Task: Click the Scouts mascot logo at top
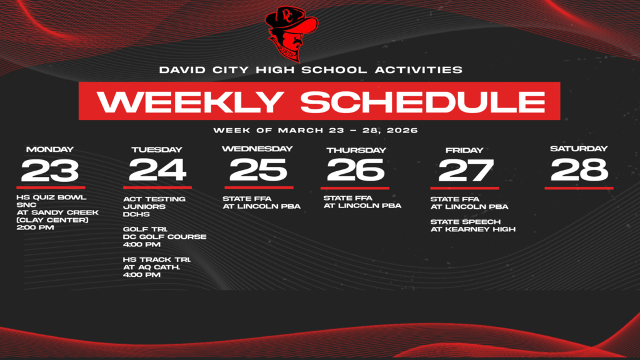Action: pyautogui.click(x=291, y=34)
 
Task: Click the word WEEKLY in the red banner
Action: pyautogui.click(x=190, y=101)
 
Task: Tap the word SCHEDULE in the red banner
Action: pyautogui.click(x=423, y=101)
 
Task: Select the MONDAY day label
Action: pyautogui.click(x=50, y=149)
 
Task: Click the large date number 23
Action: pyautogui.click(x=50, y=171)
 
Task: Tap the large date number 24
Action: pyautogui.click(x=157, y=170)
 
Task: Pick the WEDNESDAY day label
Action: pyautogui.click(x=257, y=149)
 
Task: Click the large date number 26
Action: pyautogui.click(x=356, y=170)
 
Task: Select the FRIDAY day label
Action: pyautogui.click(x=464, y=150)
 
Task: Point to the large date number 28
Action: pyautogui.click(x=579, y=170)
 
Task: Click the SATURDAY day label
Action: pyautogui.click(x=579, y=149)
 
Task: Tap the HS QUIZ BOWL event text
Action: pyautogui.click(x=51, y=197)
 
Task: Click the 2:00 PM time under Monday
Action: pyautogui.click(x=35, y=227)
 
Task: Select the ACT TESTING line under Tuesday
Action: pyautogui.click(x=154, y=199)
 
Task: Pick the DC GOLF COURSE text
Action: pyautogui.click(x=164, y=237)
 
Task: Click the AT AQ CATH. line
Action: pyautogui.click(x=151, y=267)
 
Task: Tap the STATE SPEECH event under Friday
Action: pyautogui.click(x=465, y=222)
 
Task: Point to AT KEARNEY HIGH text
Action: pyautogui.click(x=473, y=229)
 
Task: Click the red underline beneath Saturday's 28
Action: pyautogui.click(x=579, y=188)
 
